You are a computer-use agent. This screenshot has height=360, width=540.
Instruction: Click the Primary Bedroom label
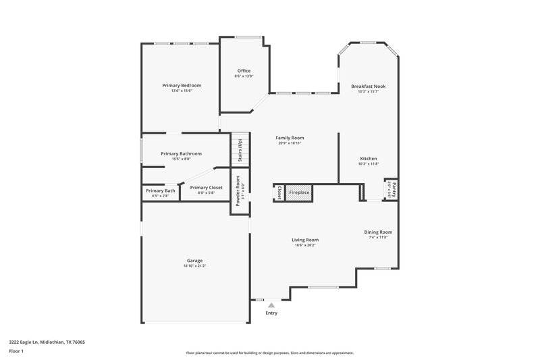point(182,86)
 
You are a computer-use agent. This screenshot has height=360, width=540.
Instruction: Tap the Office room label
point(244,71)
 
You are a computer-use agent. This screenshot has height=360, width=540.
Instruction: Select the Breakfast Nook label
point(368,86)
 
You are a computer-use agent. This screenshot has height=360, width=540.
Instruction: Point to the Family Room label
point(290,138)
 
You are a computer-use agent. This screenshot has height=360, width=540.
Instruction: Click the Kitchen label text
point(368,159)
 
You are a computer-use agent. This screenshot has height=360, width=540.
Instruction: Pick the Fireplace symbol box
point(300,192)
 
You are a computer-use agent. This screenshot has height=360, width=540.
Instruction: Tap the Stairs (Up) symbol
point(237,150)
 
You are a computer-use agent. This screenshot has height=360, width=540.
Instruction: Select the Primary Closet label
point(206,188)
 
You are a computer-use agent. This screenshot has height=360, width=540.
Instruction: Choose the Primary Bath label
point(161,191)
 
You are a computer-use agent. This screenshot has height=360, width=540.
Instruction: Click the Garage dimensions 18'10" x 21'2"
point(194,266)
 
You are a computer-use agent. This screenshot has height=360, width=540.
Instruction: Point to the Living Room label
point(305,240)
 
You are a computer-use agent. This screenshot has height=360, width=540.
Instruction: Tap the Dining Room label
point(378,232)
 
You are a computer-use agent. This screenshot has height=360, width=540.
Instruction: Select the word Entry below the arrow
point(271,313)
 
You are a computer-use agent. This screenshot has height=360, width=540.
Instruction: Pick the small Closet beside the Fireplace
point(278,192)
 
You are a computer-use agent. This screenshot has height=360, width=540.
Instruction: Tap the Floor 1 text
point(17,352)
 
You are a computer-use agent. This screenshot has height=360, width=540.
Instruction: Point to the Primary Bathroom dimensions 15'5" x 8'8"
point(182,159)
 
